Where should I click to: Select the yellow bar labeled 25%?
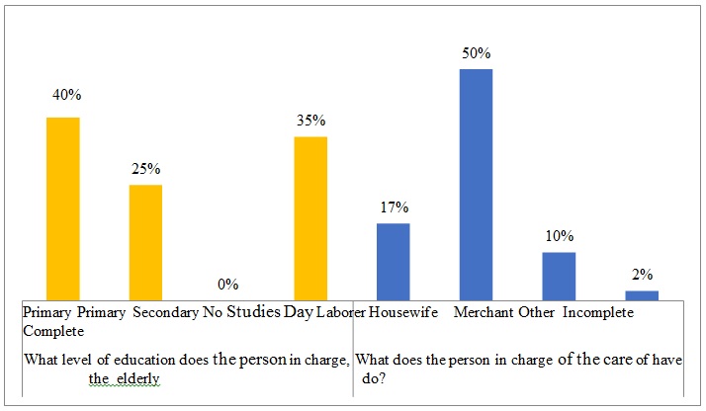pos(145,241)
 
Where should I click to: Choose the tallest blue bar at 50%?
pos(476,184)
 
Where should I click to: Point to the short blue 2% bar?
pos(641,294)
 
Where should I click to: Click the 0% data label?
pos(228,285)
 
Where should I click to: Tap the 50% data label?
pos(476,53)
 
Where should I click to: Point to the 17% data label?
pos(394,207)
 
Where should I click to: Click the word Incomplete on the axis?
pos(599,312)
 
